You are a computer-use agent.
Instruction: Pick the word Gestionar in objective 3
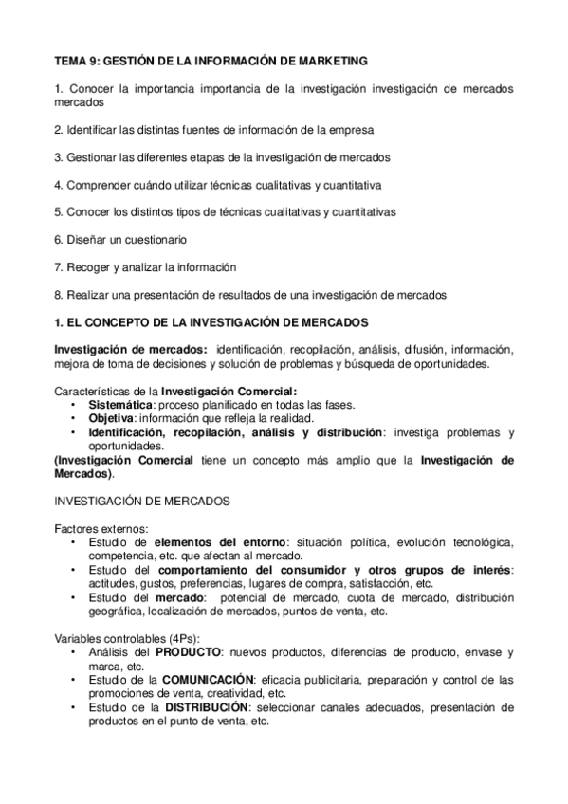coord(90,157)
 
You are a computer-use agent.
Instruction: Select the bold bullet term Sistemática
coord(119,405)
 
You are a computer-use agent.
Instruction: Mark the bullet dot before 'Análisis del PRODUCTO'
coord(74,653)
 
